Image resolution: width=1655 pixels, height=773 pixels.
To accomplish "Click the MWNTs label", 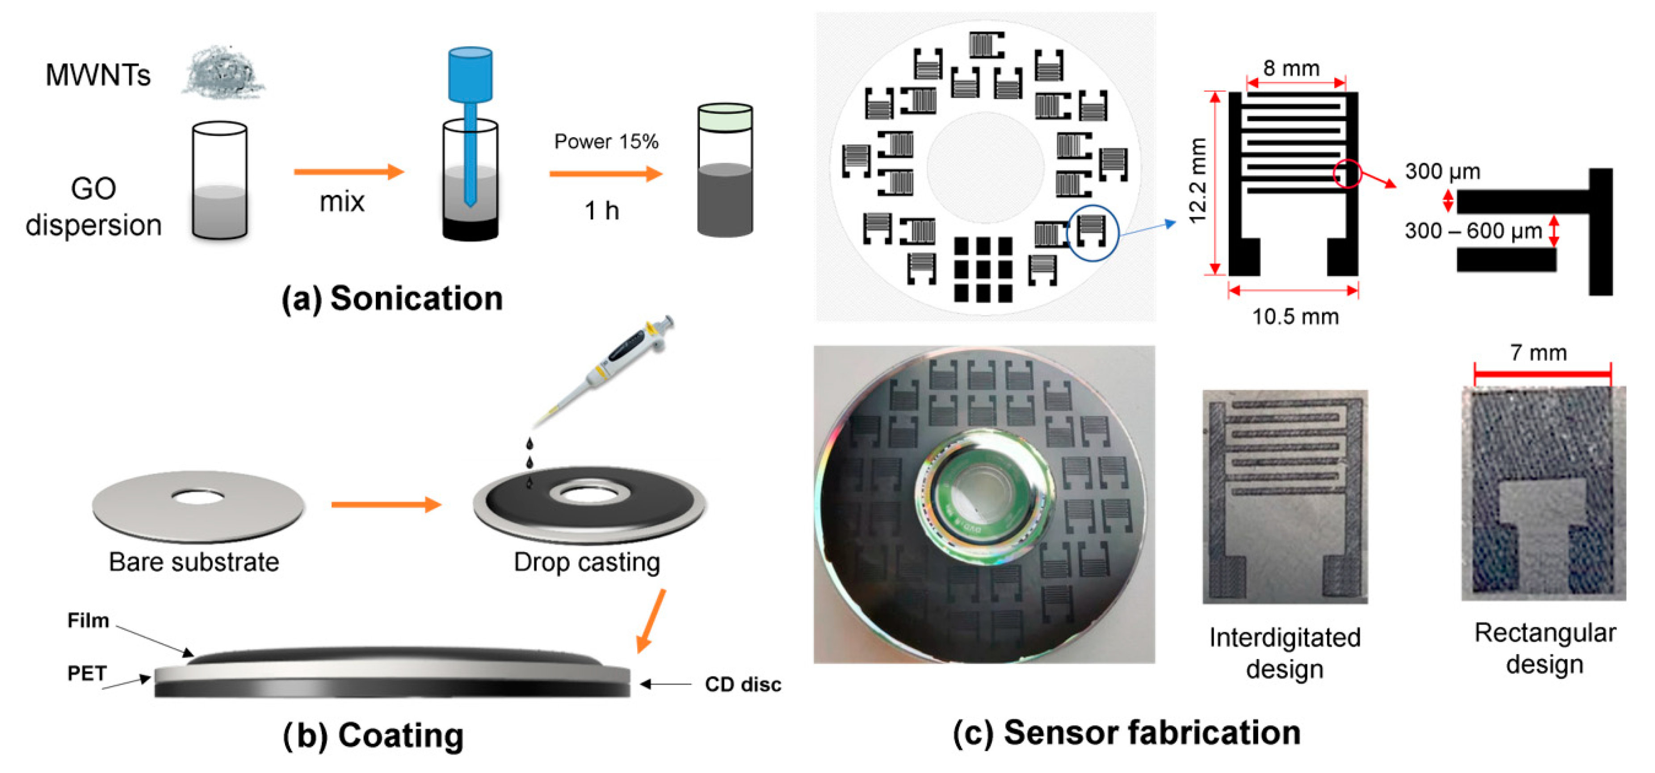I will point(98,75).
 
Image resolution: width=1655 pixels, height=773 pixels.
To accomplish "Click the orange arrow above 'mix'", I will point(348,172).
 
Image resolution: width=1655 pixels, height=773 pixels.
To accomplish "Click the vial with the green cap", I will point(725,170).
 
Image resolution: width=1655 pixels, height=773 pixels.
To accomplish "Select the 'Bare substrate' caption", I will point(193,562).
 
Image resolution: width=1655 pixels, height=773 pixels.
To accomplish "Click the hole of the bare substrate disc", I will point(198,497).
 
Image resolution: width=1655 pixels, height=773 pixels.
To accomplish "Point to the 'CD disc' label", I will point(743,685).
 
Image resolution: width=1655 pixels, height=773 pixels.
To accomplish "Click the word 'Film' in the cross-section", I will point(88,621).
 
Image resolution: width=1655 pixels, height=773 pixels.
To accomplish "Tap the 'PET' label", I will point(87,673).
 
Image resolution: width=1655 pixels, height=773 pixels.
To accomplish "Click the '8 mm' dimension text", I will point(1291,68).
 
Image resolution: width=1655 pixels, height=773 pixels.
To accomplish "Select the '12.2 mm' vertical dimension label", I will point(1197,181).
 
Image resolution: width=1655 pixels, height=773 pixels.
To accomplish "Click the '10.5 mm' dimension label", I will point(1295,317).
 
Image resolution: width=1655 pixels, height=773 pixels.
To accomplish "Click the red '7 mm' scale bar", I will point(1542,373).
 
